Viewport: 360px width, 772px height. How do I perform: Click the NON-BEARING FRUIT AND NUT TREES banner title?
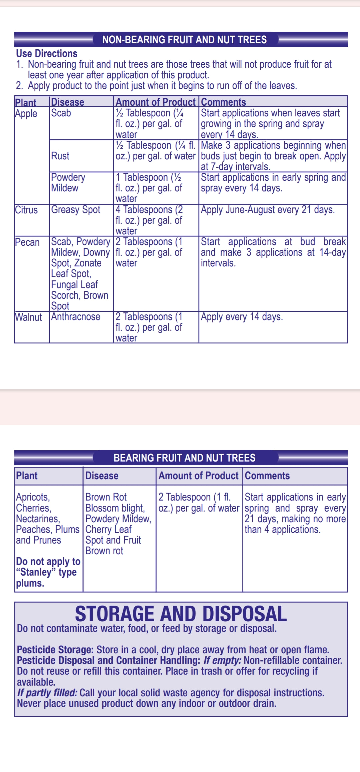(x=184, y=40)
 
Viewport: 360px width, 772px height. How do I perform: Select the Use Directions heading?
(x=47, y=54)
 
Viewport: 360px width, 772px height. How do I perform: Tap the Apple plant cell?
(x=26, y=114)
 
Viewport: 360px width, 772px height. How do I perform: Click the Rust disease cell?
(x=60, y=156)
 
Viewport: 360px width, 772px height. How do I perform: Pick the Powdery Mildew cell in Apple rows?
(x=68, y=183)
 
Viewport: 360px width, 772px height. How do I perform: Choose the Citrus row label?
(x=26, y=210)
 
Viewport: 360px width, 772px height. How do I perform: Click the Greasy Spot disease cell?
(x=76, y=210)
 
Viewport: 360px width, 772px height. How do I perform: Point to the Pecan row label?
(x=27, y=242)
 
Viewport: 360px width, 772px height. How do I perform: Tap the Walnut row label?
(x=29, y=317)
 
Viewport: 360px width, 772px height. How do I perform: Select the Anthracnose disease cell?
(x=76, y=317)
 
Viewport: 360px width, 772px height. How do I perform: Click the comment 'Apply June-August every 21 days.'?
(x=268, y=210)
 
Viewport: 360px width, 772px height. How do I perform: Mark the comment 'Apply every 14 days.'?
(x=242, y=317)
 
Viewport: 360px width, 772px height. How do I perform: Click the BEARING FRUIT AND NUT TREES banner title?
(x=184, y=458)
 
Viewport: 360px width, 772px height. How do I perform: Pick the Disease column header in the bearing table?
(x=102, y=476)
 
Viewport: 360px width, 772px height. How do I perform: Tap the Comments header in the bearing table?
(x=267, y=476)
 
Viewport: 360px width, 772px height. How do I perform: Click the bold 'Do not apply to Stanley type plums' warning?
(x=48, y=572)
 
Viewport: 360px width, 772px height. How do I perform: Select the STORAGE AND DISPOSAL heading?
(x=181, y=614)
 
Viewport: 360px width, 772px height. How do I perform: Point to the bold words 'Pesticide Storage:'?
(x=55, y=650)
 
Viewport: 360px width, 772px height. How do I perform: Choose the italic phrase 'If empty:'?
(x=222, y=660)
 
